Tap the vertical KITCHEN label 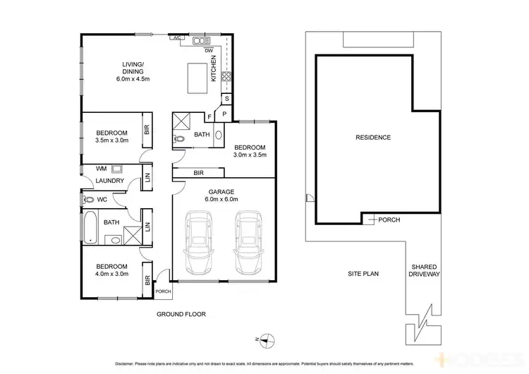(214, 68)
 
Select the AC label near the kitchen (178, 37)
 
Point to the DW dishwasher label (209, 51)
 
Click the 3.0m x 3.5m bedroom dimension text (250, 155)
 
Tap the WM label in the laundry (101, 169)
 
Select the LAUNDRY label (110, 181)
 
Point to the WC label (102, 200)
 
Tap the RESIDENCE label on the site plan (373, 137)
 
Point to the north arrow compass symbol (265, 339)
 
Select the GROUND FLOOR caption (181, 313)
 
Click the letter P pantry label (224, 114)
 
